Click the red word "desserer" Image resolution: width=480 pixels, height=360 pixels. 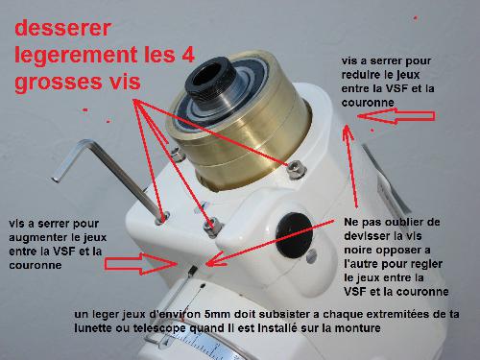point(62,28)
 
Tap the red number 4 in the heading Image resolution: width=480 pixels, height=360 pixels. point(189,54)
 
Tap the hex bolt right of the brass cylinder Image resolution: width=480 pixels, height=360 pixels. point(296,170)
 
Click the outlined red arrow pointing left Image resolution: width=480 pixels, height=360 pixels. point(396,116)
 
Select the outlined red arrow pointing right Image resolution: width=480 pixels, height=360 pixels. point(141,264)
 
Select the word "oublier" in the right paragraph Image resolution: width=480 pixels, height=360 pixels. point(403,222)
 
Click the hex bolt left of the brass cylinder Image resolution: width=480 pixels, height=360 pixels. point(177,155)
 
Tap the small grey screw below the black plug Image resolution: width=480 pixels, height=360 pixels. point(311,255)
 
